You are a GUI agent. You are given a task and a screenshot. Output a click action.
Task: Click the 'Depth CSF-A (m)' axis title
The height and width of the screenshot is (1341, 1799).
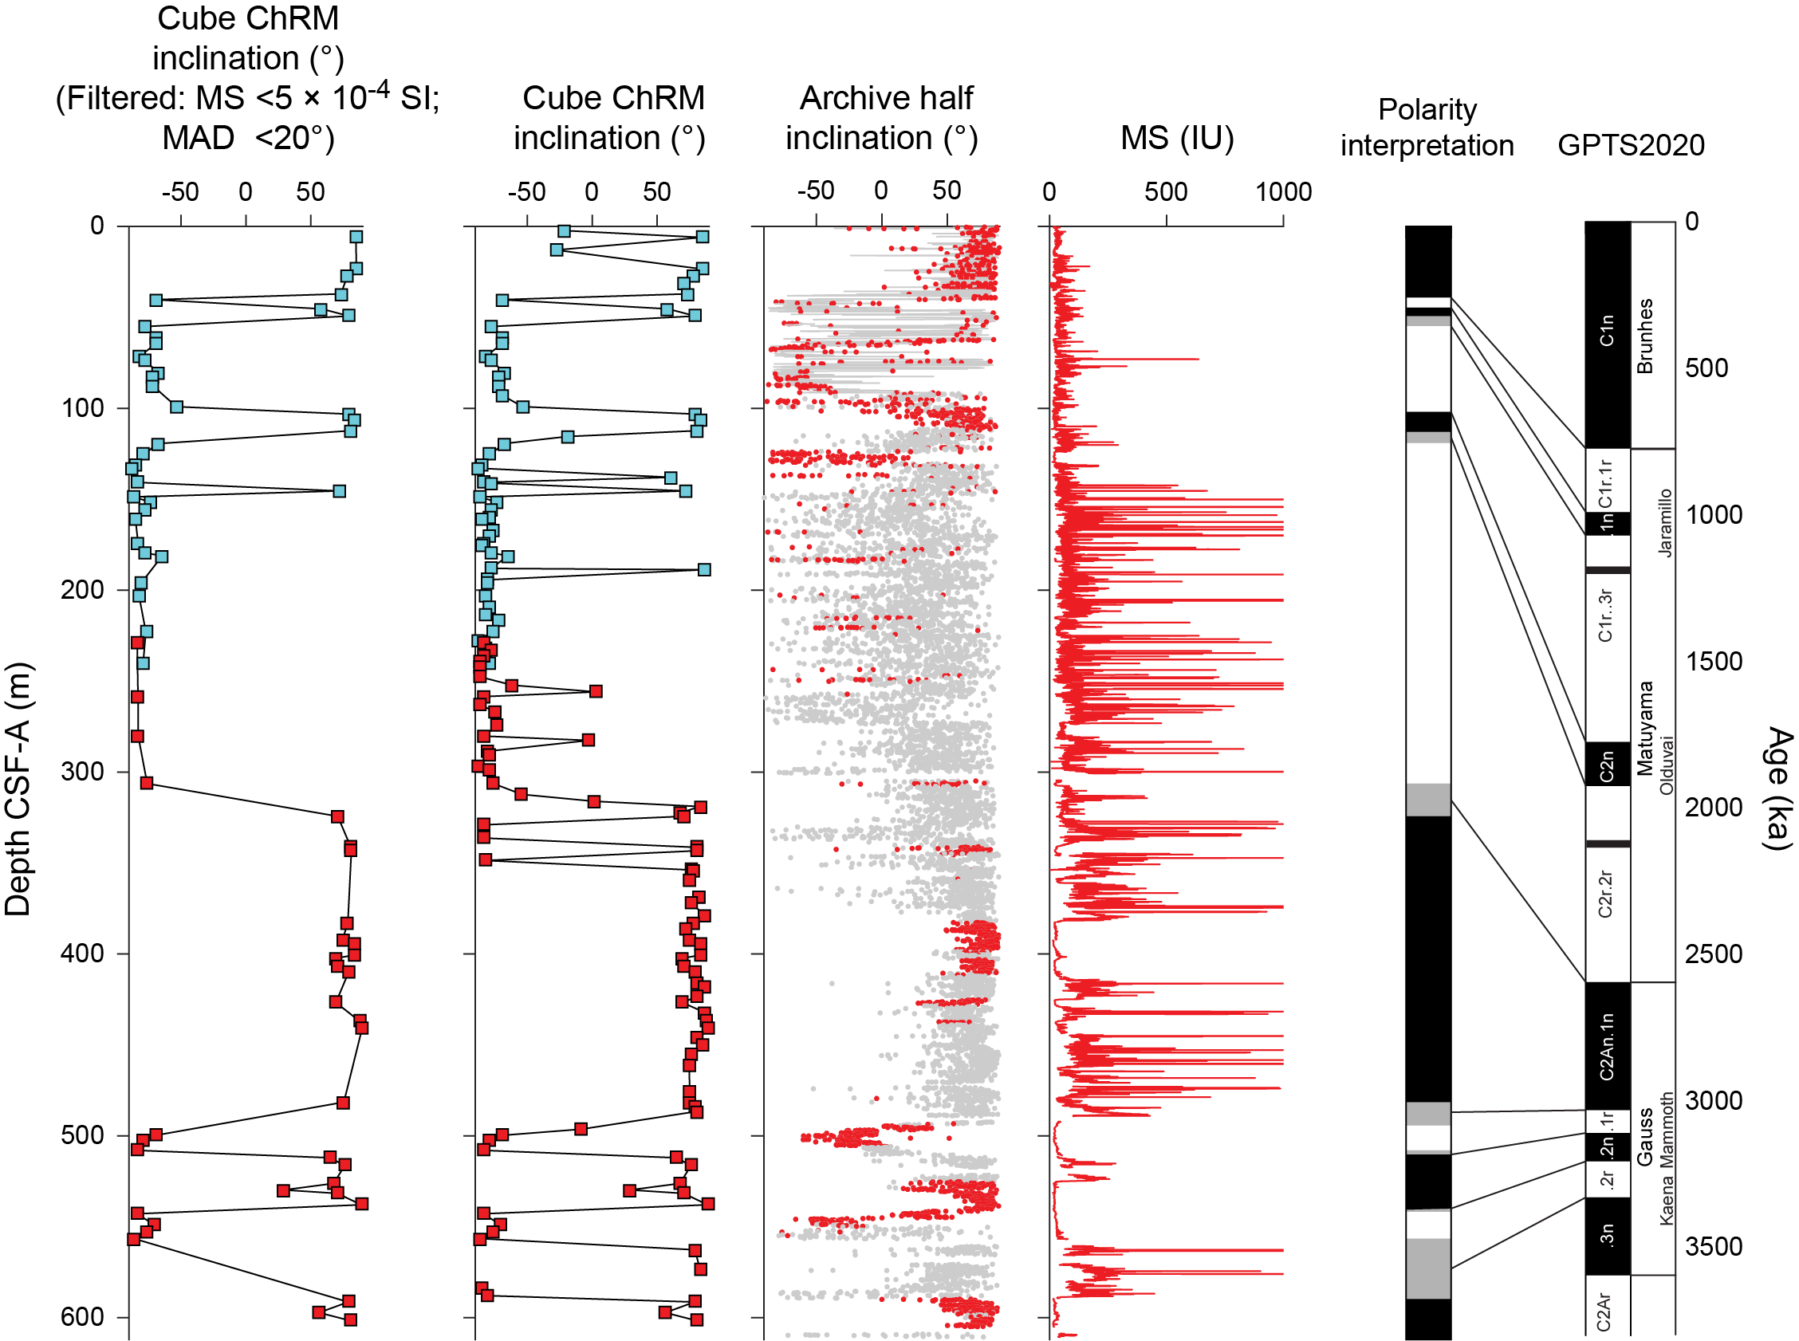(x=18, y=789)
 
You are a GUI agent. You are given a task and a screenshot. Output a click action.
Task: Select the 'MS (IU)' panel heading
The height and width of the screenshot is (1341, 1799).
(x=1176, y=138)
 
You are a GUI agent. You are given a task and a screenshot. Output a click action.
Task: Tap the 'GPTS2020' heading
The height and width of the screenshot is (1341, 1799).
(x=1630, y=145)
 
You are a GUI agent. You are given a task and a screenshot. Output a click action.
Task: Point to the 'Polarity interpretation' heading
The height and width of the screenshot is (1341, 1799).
(x=1427, y=128)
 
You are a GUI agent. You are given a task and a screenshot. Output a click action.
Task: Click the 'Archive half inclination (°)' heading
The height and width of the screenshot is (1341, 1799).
(x=884, y=119)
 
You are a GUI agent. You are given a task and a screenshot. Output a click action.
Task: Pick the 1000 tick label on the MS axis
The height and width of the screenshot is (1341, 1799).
(x=1283, y=192)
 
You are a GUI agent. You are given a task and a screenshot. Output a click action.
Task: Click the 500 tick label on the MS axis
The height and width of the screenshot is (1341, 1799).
(x=1166, y=192)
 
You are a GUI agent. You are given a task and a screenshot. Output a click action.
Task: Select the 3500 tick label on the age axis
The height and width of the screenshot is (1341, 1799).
(x=1713, y=1246)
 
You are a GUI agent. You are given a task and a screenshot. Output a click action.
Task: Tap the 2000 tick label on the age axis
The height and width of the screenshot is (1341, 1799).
(x=1713, y=807)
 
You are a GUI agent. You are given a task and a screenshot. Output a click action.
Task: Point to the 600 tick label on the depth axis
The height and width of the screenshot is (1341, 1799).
(x=83, y=1316)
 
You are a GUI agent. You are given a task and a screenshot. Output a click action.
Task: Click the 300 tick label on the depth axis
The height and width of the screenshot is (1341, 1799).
(x=83, y=771)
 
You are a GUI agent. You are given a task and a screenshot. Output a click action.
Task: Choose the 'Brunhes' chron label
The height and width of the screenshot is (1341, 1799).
(x=1645, y=336)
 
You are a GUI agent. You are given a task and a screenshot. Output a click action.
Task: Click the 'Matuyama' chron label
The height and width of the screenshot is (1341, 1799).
(x=1645, y=728)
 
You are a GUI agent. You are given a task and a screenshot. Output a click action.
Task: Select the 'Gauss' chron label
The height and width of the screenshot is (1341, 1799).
(x=1645, y=1135)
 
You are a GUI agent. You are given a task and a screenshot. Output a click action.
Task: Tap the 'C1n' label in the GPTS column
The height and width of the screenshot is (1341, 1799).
(x=1607, y=330)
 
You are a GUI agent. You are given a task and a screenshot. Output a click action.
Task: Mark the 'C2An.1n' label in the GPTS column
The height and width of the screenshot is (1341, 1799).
(x=1607, y=1046)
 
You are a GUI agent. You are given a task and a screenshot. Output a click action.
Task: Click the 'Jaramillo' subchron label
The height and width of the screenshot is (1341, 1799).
(x=1665, y=522)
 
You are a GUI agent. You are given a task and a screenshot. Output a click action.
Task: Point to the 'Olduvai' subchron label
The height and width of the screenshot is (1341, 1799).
(x=1666, y=765)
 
